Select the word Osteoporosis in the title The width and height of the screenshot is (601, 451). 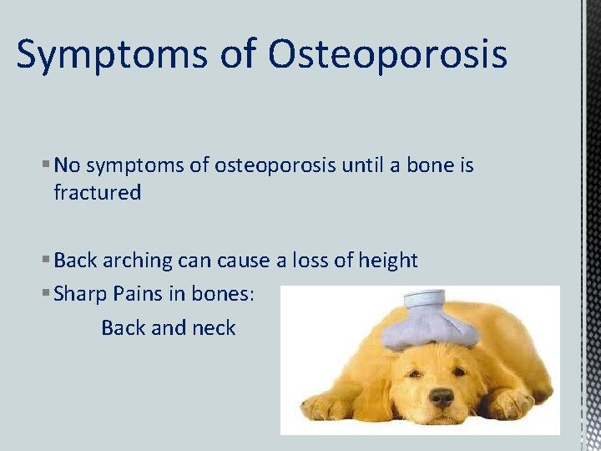coord(388,55)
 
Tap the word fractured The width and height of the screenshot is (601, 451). coord(97,193)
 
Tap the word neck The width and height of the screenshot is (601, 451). coord(215,327)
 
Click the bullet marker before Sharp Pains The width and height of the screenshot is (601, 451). coord(46,295)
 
